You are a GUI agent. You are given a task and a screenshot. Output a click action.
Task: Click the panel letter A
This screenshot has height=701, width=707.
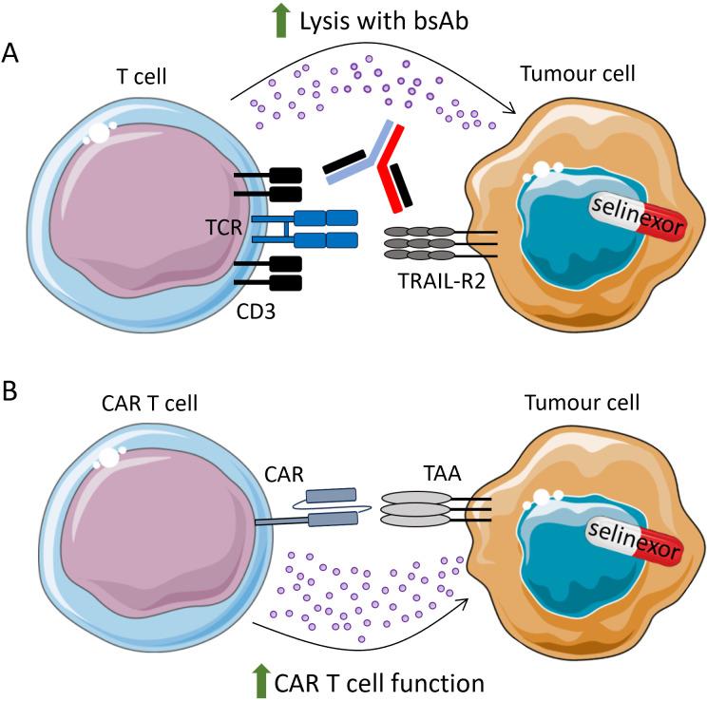pyautogui.click(x=13, y=51)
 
